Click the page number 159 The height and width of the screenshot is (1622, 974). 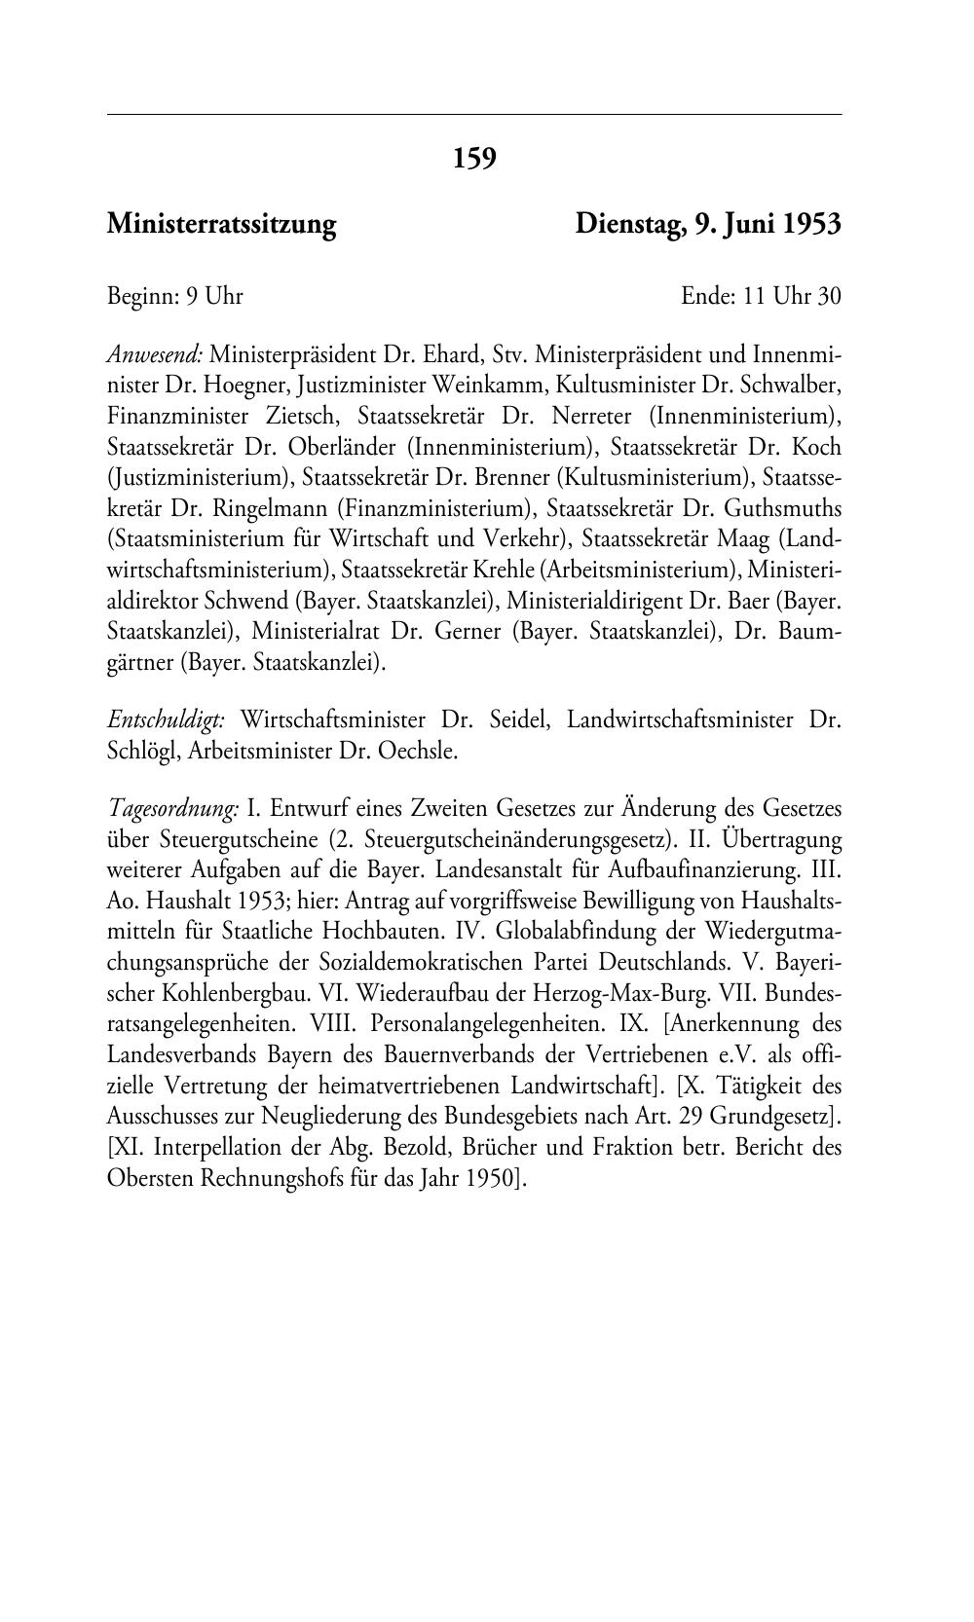coord(474,158)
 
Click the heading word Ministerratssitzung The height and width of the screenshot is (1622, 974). coord(221,225)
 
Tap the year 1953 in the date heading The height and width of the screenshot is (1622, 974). coord(812,225)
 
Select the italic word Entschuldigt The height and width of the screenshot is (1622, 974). coord(167,721)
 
